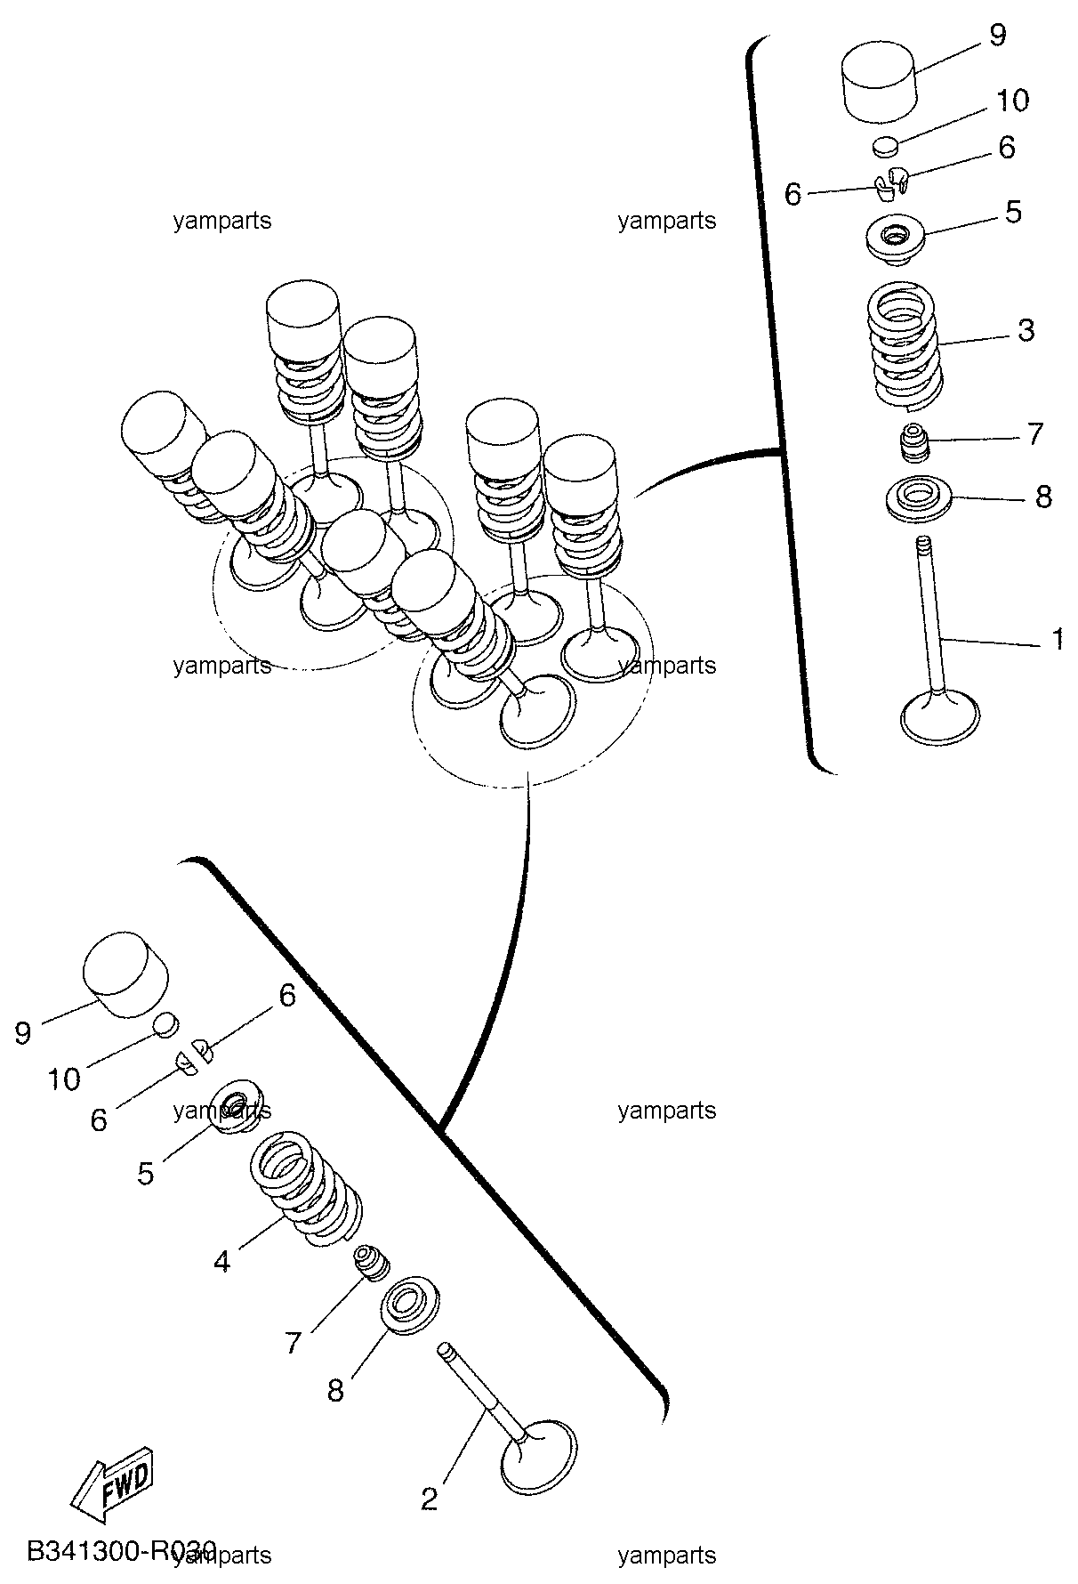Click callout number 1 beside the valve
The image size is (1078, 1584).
(1058, 639)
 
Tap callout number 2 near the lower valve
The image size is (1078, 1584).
(430, 1499)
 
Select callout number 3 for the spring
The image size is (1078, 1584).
(1026, 330)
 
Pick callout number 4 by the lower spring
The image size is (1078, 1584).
(222, 1261)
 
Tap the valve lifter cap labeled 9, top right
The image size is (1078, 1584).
(880, 85)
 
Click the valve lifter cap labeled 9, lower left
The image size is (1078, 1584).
(126, 975)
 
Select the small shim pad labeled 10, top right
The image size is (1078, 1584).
(886, 145)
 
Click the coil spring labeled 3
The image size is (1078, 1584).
(905, 343)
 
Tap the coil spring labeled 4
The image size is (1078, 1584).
(306, 1189)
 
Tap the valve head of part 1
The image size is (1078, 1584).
(940, 717)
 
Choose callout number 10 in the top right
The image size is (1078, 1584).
(1012, 100)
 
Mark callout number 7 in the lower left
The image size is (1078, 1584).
(294, 1342)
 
